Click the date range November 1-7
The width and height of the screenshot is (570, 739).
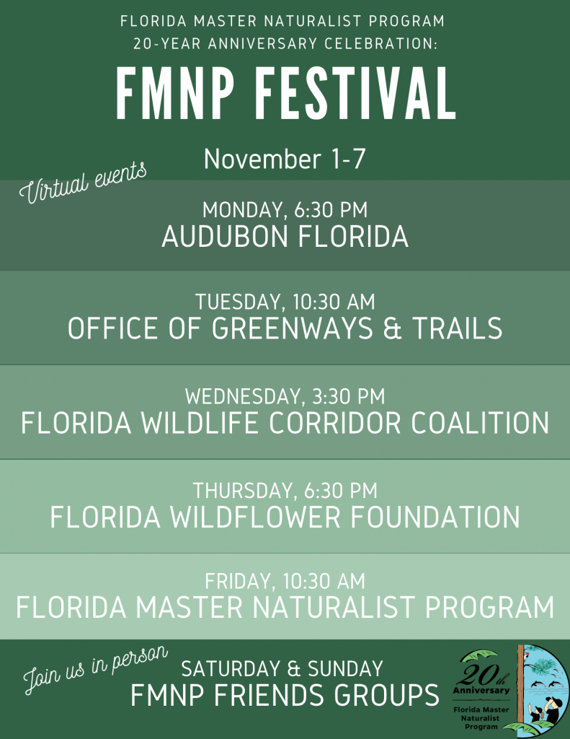[285, 159]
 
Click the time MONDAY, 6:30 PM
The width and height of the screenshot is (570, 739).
[285, 210]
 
